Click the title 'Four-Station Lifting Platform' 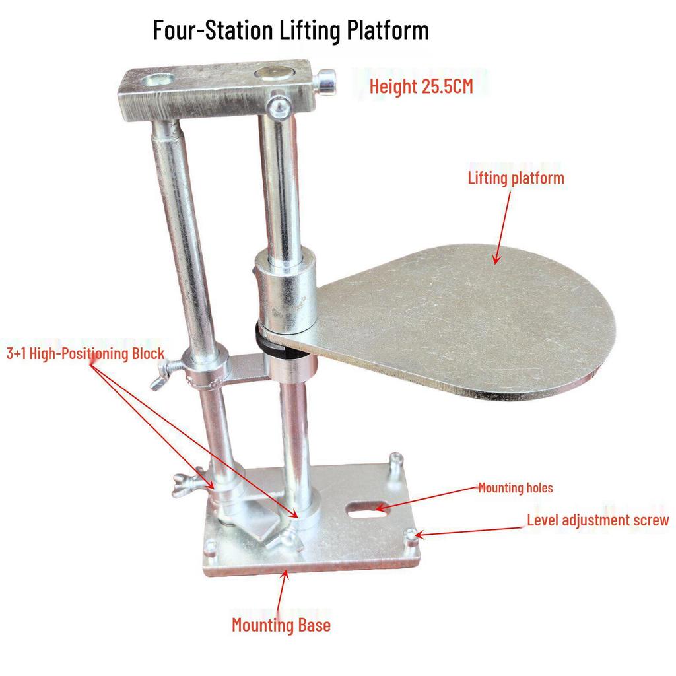(290, 30)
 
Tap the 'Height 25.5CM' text (421, 86)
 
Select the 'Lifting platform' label (516, 178)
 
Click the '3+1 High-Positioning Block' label (84, 353)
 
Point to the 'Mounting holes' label (515, 489)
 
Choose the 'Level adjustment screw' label (597, 520)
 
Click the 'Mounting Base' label (281, 625)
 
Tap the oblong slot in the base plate (361, 508)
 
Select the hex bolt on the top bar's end (325, 82)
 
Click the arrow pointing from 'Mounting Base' (282, 590)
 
